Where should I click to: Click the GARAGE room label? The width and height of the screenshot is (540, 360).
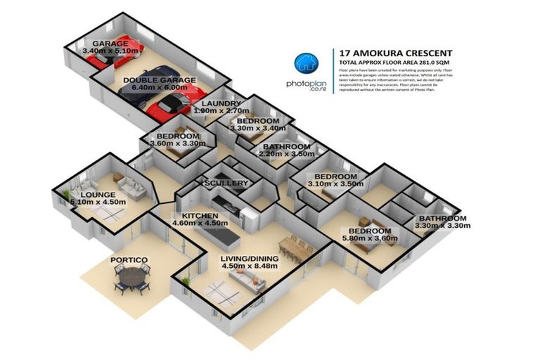(105, 44)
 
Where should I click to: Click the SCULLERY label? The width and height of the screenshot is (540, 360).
(226, 183)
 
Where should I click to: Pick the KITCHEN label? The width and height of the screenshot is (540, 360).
(200, 216)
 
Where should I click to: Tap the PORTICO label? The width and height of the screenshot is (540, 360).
(129, 260)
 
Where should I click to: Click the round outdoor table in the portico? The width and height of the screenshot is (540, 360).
(132, 279)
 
